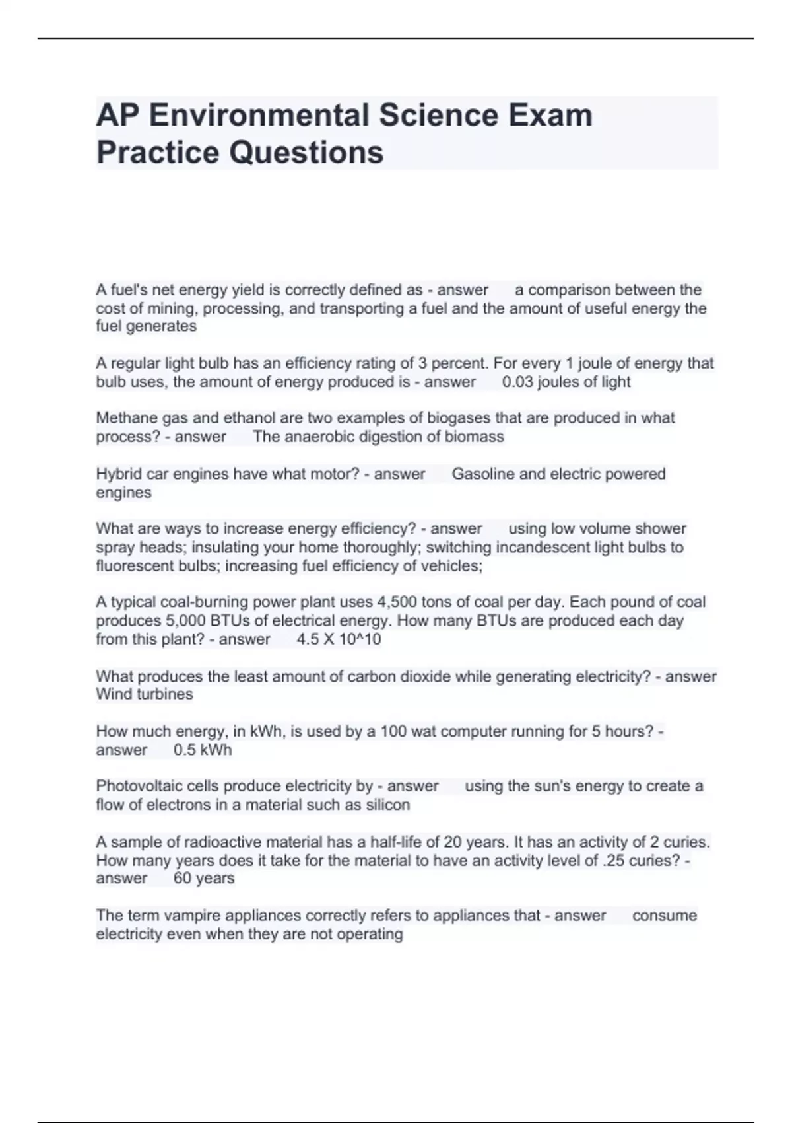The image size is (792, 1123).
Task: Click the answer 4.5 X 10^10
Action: [339, 639]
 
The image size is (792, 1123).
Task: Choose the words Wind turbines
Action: [145, 694]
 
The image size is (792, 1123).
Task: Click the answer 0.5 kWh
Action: [203, 750]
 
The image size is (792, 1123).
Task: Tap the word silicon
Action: [387, 805]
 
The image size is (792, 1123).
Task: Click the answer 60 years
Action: [204, 879]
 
